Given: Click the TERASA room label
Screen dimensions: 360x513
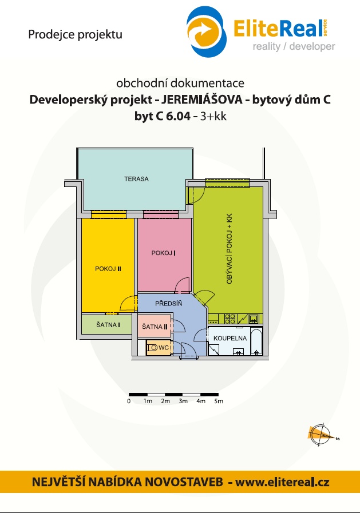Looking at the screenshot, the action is (x=136, y=179).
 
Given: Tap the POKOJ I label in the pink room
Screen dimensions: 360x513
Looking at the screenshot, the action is (x=164, y=253).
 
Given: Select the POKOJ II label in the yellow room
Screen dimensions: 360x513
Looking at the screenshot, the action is (x=108, y=269).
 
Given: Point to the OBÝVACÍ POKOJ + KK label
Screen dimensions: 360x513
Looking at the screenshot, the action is (x=229, y=249).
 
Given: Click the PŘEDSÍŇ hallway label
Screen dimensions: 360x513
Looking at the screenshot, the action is (x=168, y=303).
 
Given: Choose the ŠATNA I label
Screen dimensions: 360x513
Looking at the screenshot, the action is (x=108, y=324).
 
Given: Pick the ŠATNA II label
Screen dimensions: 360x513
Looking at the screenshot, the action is (x=155, y=326).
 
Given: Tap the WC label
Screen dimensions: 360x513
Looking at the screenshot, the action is (x=164, y=348).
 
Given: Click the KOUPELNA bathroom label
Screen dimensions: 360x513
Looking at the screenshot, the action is (x=230, y=339).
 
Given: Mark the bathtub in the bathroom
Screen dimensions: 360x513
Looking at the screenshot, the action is (x=256, y=341).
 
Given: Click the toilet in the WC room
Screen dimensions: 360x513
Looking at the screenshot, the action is (x=152, y=348).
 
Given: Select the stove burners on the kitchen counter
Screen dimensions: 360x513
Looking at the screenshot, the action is (x=230, y=319).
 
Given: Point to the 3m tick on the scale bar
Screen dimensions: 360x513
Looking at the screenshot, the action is (x=183, y=395).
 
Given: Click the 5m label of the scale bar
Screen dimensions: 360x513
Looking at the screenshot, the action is (x=219, y=401).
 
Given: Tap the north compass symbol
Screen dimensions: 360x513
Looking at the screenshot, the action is (x=322, y=435).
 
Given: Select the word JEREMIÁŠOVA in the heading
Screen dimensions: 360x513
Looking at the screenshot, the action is (x=202, y=99).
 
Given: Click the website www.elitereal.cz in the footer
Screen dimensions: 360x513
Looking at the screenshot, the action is (x=282, y=482).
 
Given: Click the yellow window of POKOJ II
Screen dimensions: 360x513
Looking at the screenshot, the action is (x=109, y=214).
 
